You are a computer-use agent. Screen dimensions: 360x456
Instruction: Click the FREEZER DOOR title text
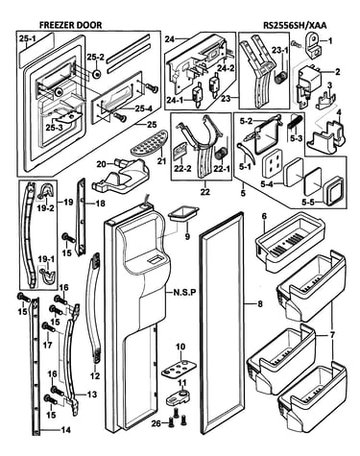point(70,25)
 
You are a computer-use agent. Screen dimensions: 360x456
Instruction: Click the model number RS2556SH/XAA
point(295,25)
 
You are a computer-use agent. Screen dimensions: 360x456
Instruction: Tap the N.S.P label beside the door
point(184,292)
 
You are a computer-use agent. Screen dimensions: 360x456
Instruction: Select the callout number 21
point(161,160)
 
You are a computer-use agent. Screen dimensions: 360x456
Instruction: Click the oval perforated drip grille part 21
point(149,142)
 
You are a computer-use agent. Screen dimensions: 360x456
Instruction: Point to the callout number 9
point(187,236)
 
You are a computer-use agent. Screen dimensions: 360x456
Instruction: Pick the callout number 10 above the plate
point(180,347)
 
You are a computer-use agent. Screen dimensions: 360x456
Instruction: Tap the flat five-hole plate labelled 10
point(179,368)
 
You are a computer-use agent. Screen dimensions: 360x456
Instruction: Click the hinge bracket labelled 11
point(178,396)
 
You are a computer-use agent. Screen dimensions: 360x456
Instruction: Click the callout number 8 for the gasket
point(260,303)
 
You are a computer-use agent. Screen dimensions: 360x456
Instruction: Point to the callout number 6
point(264,216)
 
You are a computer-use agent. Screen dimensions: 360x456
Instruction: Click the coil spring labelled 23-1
point(280,78)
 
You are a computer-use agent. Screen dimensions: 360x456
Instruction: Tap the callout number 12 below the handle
point(95,375)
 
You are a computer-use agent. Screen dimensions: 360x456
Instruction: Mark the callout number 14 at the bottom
point(65,430)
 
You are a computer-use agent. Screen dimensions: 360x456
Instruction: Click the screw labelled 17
point(48,327)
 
